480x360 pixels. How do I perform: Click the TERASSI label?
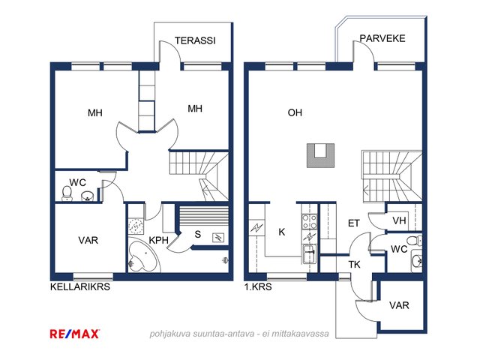[x=195, y=40]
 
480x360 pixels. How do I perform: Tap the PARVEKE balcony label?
[x=382, y=38]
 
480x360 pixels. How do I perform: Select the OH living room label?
[x=295, y=112]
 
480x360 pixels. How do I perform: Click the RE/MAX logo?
[x=75, y=333]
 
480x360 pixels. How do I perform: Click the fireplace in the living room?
[x=320, y=155]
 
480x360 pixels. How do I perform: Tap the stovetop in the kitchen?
[x=310, y=222]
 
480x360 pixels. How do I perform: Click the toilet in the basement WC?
[x=67, y=193]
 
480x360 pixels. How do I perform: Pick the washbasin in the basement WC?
[x=88, y=196]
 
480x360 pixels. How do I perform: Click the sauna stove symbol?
[x=218, y=238]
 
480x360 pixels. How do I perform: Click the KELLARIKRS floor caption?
[x=80, y=286]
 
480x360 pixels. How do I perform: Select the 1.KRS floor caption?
[x=258, y=286]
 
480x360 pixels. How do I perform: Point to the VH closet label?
[x=399, y=220]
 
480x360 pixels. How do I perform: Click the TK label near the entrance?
[x=355, y=264]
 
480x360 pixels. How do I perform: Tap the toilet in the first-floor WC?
[x=414, y=241]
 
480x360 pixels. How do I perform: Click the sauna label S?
[x=198, y=234]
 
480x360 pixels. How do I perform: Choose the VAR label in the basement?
[x=88, y=240]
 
